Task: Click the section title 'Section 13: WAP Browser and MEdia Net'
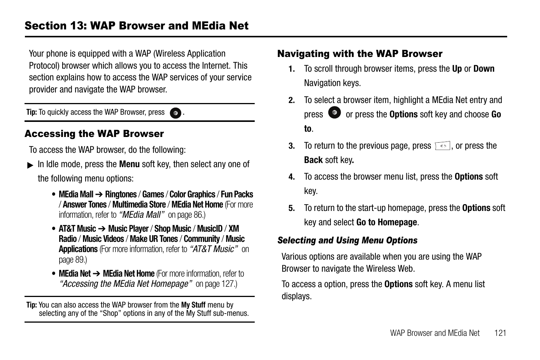pos(137,26)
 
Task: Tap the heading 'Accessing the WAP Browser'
pos(94,134)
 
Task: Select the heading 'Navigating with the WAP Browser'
pos(360,54)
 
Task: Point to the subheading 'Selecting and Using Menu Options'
pos(347,240)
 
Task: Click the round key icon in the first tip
pos(175,113)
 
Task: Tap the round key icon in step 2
pos(334,112)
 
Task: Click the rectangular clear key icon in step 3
pos(443,146)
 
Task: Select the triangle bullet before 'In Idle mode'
pos(31,165)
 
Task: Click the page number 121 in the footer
pos(500,333)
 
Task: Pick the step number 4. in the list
pos(291,177)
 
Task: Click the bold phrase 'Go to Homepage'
pos(386,222)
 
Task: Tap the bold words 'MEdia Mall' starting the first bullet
pos(76,194)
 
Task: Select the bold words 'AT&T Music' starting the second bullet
pos(77,229)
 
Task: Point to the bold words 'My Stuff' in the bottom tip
pos(193,305)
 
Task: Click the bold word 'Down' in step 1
pos(484,69)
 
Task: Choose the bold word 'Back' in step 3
pos(313,160)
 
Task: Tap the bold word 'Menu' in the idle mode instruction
pos(129,164)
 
